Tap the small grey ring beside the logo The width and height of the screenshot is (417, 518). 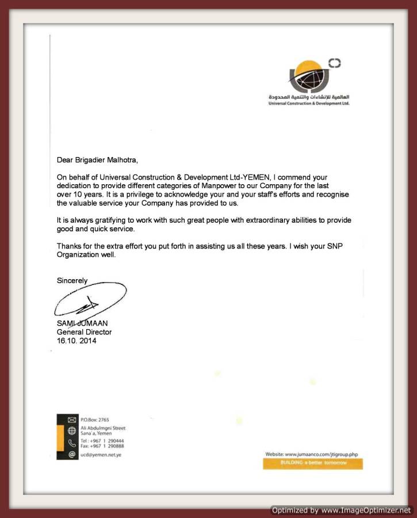coord(334,63)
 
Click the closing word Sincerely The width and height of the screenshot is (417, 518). coord(72,281)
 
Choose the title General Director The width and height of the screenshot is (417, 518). coord(84,332)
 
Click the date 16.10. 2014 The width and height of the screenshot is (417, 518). coord(76,341)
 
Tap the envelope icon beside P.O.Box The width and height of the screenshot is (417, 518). coord(72,420)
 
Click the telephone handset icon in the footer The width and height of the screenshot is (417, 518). coord(72,443)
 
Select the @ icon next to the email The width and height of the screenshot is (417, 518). coord(72,455)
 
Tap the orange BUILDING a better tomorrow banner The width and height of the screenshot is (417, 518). coord(313,463)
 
